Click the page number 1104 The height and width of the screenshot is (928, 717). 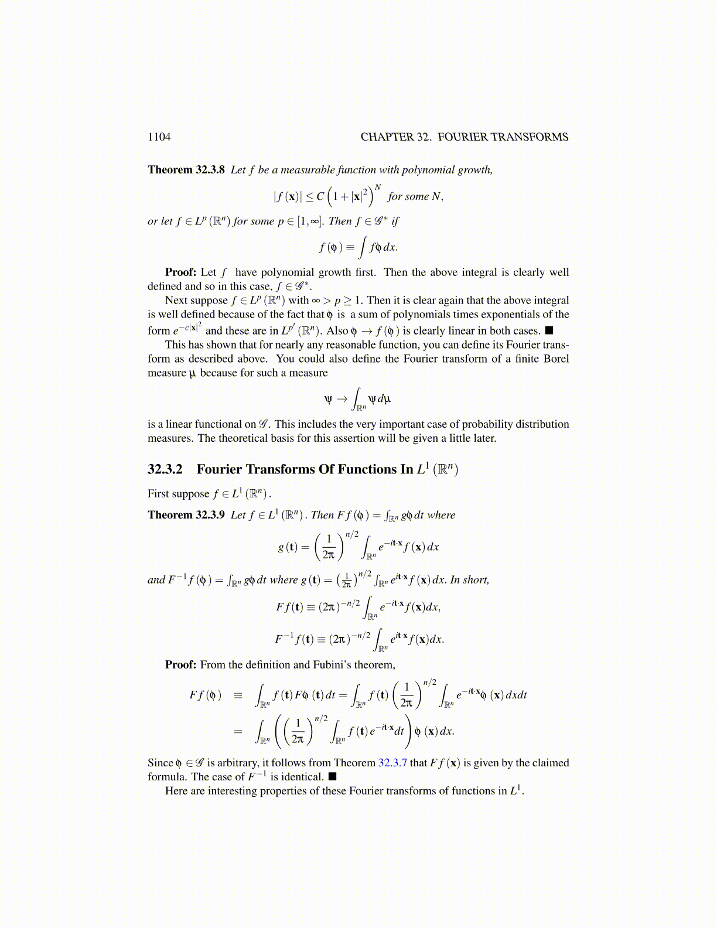tap(159, 137)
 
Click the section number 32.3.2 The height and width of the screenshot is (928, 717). tap(165, 469)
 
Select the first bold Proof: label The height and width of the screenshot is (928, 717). tap(180, 272)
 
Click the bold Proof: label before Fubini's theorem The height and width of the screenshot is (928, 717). tap(180, 665)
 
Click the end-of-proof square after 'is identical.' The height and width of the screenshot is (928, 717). tap(332, 777)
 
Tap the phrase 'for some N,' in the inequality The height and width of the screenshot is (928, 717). tap(415, 197)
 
